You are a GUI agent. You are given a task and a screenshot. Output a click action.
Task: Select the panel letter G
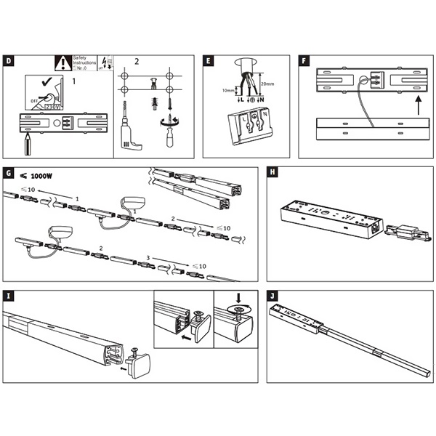click(7, 174)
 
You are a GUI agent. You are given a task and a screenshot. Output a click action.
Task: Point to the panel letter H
click(272, 174)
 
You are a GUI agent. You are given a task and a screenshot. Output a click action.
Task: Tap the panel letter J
click(272, 296)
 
